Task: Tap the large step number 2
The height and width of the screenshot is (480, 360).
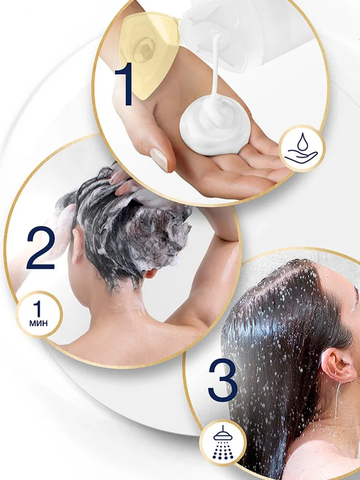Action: pos(41,248)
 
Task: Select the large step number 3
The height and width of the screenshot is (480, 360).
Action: pos(223,380)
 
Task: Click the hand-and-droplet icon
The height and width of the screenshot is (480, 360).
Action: pos(301,148)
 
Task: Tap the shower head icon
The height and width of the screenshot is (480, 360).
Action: pos(223,443)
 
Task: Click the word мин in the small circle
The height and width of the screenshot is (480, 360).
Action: pos(38,323)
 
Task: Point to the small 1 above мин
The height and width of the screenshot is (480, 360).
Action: pos(37,309)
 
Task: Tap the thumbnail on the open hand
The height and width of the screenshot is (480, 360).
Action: pos(159,159)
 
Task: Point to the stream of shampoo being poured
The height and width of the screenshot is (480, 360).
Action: pos(216,64)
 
